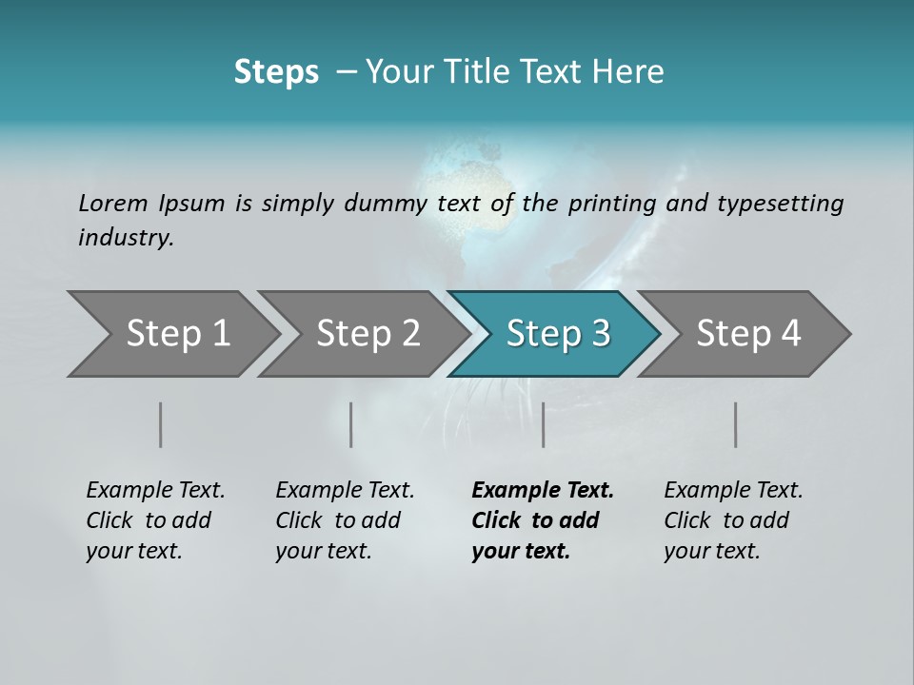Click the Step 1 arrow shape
coord(171,334)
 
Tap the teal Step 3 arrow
coord(557,334)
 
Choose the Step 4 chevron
coord(747,334)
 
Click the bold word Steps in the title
coord(276,72)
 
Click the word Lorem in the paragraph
coord(113,204)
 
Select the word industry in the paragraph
coord(126,238)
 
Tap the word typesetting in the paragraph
coord(780,204)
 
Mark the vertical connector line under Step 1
coord(160,424)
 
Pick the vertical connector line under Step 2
coord(351,424)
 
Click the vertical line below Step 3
coord(543,424)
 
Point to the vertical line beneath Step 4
coord(736,424)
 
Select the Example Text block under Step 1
coord(155,520)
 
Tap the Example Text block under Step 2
coord(345,520)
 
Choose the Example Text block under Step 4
coord(733,520)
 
